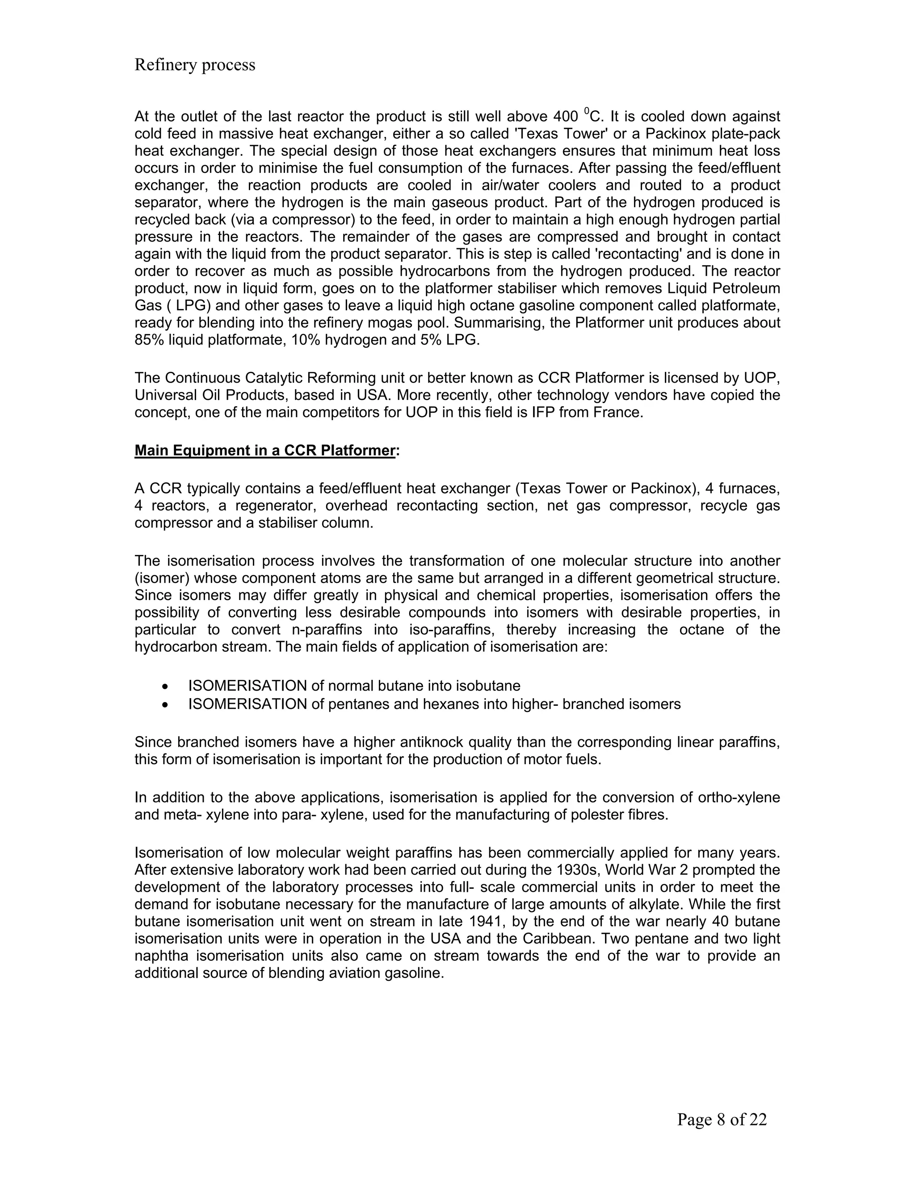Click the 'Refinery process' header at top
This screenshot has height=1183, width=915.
pos(195,65)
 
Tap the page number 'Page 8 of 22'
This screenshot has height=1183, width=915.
pos(722,1120)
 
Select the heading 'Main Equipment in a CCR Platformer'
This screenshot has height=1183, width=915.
pos(264,451)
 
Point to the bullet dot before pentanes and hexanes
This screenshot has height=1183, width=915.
pos(165,705)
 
